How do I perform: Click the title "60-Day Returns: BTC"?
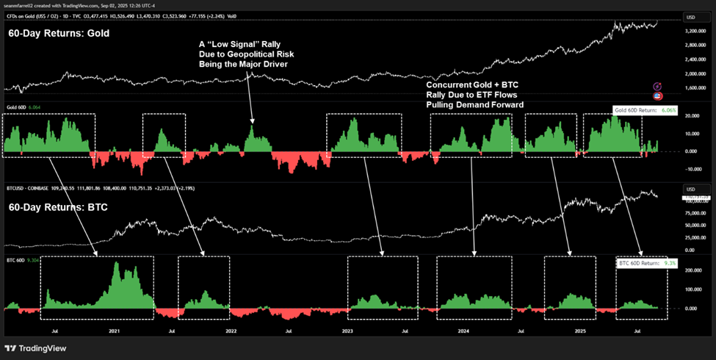tap(59, 208)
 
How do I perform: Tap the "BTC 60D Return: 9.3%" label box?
tap(643, 262)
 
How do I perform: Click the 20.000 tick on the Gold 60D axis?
tap(690, 116)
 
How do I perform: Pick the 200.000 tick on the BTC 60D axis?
tap(690, 270)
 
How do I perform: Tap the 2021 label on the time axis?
tap(114, 331)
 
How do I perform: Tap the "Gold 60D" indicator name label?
tap(15, 108)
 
